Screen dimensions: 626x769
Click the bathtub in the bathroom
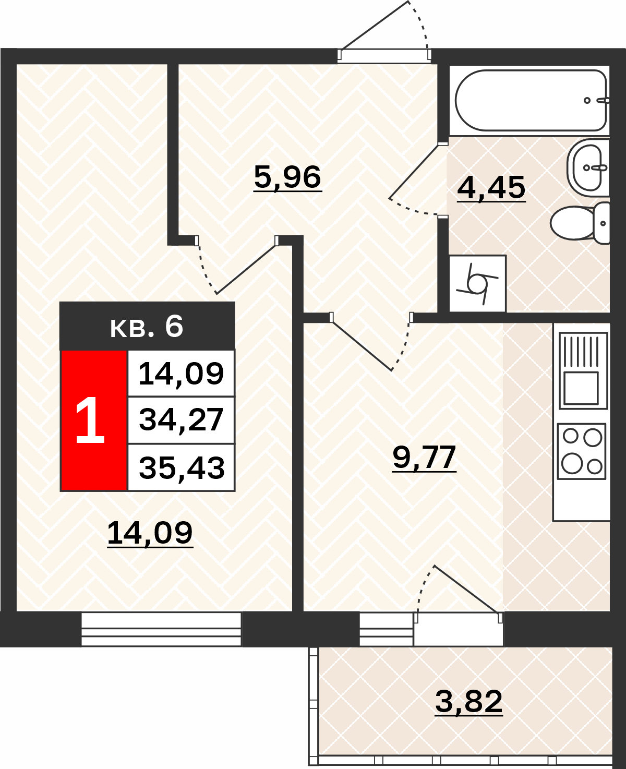(x=531, y=100)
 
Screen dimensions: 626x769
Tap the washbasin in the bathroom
(x=588, y=167)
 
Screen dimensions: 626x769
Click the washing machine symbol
(x=477, y=284)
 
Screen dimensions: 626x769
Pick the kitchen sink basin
(x=581, y=388)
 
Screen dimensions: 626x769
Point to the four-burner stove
(x=581, y=451)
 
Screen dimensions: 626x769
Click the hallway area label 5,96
(x=287, y=177)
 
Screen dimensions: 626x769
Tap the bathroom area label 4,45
(x=491, y=188)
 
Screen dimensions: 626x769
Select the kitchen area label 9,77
(x=424, y=457)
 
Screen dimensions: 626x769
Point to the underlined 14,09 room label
(x=150, y=533)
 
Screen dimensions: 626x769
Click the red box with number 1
(x=94, y=420)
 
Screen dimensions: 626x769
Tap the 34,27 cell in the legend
(x=181, y=420)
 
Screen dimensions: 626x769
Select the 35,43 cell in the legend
(x=181, y=467)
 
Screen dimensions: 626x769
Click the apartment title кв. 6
(x=147, y=327)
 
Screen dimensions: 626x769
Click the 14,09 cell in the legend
(x=181, y=374)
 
